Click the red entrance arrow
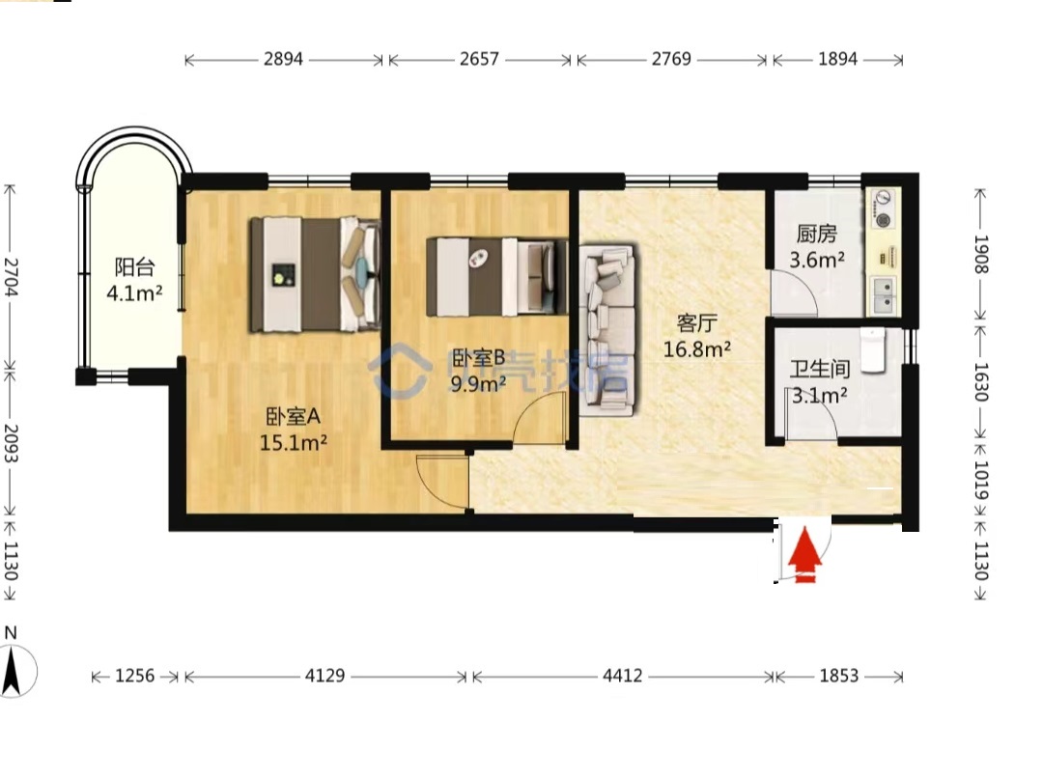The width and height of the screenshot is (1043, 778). pyautogui.click(x=804, y=555)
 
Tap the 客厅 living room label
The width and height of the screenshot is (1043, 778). pyautogui.click(x=696, y=323)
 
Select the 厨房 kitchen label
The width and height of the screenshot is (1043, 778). pyautogui.click(x=816, y=234)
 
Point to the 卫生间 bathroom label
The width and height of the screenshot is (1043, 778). pyautogui.click(x=820, y=369)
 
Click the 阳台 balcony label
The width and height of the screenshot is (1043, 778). pyautogui.click(x=135, y=267)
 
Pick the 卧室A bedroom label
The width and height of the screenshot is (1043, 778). pyautogui.click(x=294, y=416)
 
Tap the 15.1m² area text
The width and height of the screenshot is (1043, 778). pyautogui.click(x=294, y=442)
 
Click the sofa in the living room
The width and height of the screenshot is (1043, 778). pyautogui.click(x=606, y=330)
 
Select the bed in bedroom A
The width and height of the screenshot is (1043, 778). pyautogui.click(x=315, y=274)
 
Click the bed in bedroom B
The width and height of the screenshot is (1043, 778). pyautogui.click(x=497, y=276)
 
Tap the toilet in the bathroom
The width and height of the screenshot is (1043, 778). pyautogui.click(x=873, y=349)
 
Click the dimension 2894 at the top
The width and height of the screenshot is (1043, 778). pyautogui.click(x=283, y=59)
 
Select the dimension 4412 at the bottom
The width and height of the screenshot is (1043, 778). pyautogui.click(x=623, y=677)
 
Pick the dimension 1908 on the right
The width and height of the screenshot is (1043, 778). pyautogui.click(x=981, y=254)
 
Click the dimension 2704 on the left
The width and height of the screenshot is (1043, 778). pyautogui.click(x=11, y=276)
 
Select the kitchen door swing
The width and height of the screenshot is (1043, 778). pyautogui.click(x=794, y=292)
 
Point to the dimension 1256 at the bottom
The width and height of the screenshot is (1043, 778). pyautogui.click(x=135, y=677)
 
